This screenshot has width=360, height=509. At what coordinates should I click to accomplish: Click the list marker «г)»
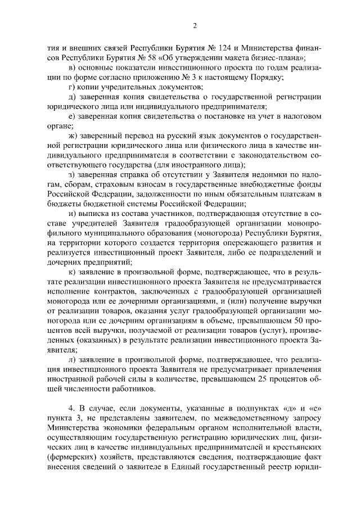71,87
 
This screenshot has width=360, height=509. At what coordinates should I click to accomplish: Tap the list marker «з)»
71,174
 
